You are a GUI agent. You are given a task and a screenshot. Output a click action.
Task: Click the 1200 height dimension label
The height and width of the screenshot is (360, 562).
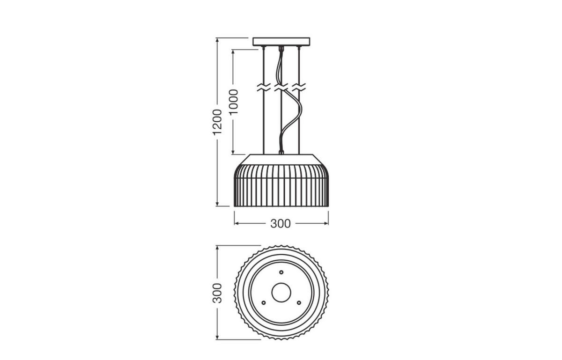(x=217, y=122)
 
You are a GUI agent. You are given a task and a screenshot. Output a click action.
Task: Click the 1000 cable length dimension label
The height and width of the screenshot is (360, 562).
(x=234, y=102)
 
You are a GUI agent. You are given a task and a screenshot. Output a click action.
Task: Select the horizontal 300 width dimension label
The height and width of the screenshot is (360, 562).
(x=281, y=224)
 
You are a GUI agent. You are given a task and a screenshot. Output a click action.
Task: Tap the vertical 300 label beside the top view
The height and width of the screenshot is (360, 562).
(x=217, y=293)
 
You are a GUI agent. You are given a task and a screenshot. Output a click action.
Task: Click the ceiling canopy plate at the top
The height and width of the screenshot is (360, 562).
(x=281, y=42)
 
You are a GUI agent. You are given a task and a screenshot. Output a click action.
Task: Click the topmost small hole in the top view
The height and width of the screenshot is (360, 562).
(x=281, y=272)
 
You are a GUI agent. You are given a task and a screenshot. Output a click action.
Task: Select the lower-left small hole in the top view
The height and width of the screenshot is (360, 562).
(x=263, y=303)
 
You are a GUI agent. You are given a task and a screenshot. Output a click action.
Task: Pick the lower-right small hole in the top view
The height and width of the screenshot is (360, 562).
(x=299, y=303)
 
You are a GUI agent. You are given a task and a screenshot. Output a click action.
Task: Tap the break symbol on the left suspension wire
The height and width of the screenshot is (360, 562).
(x=264, y=87)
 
